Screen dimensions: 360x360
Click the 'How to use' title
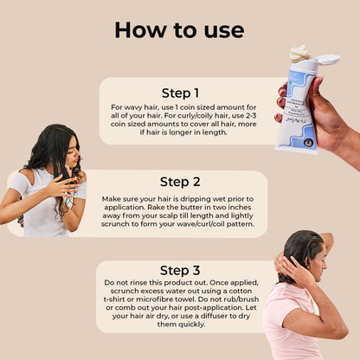point(179,30)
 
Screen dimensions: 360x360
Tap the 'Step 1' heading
point(180,93)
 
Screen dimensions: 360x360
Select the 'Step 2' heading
point(180,182)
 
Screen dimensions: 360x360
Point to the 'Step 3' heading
point(180,270)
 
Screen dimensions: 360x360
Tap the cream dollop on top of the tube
point(299,54)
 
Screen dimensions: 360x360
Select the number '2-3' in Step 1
point(250,116)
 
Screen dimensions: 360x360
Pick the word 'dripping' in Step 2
point(196,199)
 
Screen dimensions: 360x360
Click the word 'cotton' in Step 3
point(241,291)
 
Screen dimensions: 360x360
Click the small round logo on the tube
point(309,143)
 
